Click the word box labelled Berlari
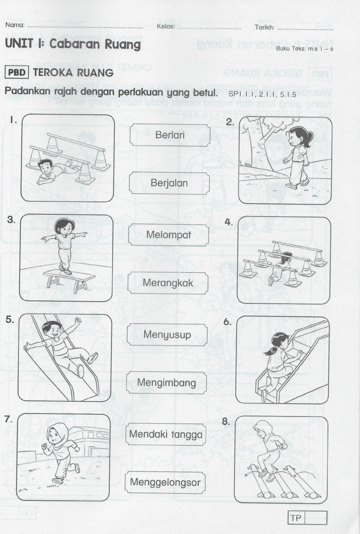(170, 135)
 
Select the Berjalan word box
(169, 183)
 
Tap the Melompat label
(168, 234)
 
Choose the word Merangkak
(168, 283)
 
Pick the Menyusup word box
(167, 335)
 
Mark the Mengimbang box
(166, 382)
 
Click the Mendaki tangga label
(166, 434)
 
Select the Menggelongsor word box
(165, 482)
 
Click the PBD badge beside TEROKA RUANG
(17, 72)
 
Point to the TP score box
(307, 518)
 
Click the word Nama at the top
(15, 26)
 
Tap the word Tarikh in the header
(265, 27)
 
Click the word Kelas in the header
(166, 26)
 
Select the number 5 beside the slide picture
(10, 320)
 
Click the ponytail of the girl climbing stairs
(270, 350)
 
